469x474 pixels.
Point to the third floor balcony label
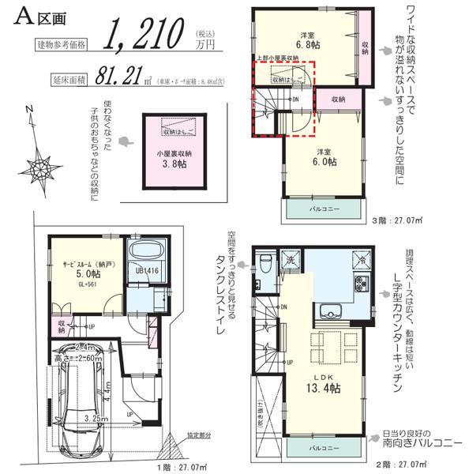click(325, 209)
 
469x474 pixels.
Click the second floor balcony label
click(325, 448)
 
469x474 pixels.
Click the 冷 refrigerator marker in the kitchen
click(359, 259)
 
